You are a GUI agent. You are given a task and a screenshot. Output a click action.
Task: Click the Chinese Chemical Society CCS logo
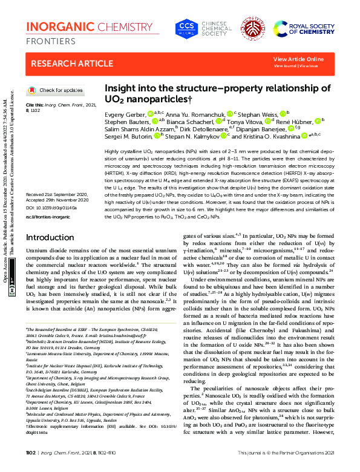pyautogui.click(x=186, y=28)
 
